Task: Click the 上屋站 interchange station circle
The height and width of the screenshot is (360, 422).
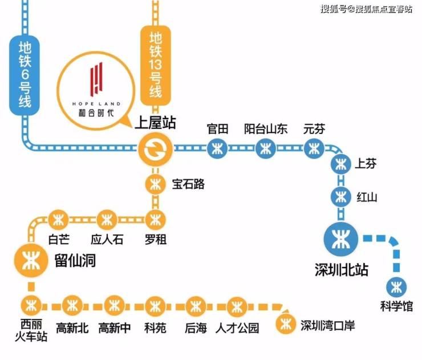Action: pos(155,149)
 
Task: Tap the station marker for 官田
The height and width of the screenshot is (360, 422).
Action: pos(217,148)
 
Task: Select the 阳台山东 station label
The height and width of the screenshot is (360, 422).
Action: pos(266,129)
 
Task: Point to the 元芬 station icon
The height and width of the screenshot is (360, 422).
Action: pos(314,148)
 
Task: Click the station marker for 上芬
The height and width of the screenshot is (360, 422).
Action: pos(341,164)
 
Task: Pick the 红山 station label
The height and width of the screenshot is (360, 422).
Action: pos(367,197)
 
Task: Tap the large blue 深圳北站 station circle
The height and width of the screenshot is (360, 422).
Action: pos(341,239)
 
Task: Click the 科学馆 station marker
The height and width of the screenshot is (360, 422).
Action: pos(396,288)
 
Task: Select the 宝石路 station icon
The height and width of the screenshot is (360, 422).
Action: pos(155,184)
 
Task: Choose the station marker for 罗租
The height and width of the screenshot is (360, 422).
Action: pos(155,220)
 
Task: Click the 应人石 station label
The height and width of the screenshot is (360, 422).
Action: pos(107,240)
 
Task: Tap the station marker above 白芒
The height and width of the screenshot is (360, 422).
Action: pos(58,220)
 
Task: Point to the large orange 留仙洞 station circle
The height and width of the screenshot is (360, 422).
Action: pos(31,260)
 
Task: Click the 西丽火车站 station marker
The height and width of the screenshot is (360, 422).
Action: pos(31,306)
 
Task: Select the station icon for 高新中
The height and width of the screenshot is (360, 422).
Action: pos(115,306)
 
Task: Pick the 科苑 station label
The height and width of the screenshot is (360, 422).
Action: pos(155,327)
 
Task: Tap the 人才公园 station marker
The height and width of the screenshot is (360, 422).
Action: pos(237,306)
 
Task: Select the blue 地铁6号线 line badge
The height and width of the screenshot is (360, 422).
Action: pos(25,75)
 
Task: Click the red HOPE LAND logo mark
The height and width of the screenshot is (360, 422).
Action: pos(96,79)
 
